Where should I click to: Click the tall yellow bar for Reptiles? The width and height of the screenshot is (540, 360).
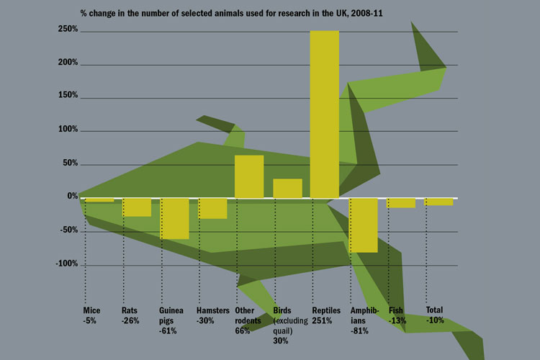[x=324, y=114]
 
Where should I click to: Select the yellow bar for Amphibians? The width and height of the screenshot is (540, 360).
[x=363, y=225]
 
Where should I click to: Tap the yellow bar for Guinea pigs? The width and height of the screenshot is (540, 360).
[x=174, y=219]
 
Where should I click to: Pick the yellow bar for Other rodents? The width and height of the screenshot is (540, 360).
[x=249, y=176]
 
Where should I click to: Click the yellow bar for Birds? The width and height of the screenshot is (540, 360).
[x=287, y=189]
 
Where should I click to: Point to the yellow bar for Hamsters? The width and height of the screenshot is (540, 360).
[x=212, y=208]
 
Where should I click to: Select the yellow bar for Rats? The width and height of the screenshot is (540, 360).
[x=136, y=207]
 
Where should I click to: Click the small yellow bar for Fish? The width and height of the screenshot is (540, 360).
[x=401, y=203]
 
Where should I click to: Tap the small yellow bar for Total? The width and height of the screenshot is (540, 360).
[x=439, y=202]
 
